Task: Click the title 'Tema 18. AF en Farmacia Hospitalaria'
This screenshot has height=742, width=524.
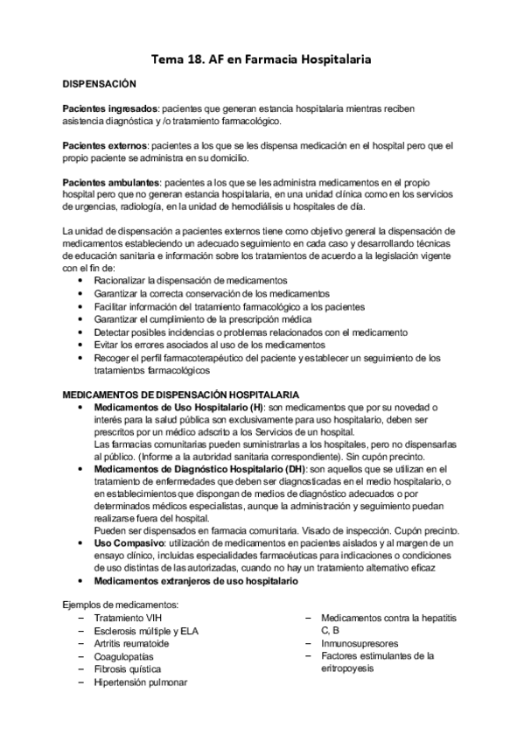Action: (262, 59)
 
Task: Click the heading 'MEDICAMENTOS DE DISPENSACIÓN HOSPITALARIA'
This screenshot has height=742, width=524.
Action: (181, 395)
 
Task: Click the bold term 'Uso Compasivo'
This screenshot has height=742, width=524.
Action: (125, 542)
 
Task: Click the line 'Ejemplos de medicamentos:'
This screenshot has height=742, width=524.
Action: (121, 605)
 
